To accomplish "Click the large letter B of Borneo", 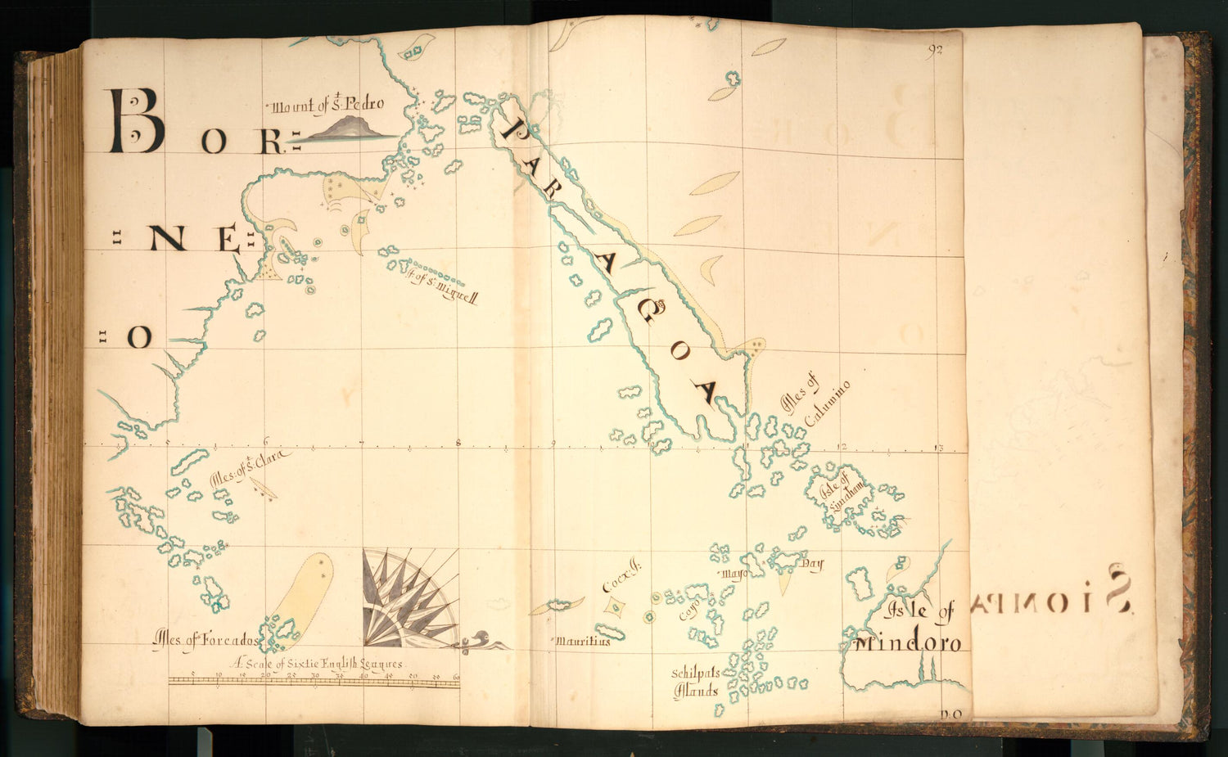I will point(136,122).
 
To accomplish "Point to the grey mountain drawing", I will point(344,130).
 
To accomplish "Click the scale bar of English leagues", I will point(314,680).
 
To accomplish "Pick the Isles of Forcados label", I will point(205,640).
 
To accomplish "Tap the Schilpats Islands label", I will point(695,681).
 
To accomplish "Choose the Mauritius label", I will point(583,642).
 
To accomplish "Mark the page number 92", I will point(936,51).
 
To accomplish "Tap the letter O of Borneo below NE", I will point(139,336).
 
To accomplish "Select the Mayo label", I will point(734,574).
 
